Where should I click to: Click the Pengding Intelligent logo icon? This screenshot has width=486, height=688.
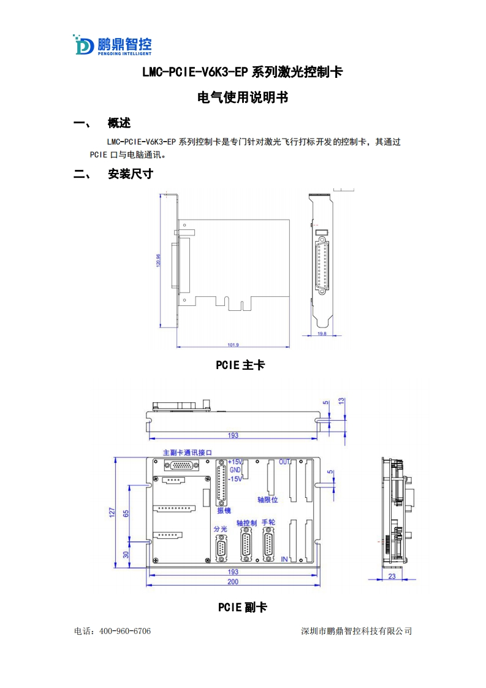83,45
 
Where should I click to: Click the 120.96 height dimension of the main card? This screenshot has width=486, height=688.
158,261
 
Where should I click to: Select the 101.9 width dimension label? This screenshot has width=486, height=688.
232,345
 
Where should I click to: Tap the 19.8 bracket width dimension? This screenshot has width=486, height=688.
322,334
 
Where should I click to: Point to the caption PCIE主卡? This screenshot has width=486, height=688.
240,365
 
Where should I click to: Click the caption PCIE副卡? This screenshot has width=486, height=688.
242,607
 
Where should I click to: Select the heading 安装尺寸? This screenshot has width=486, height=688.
130,174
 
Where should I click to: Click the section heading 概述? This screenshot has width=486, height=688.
119,123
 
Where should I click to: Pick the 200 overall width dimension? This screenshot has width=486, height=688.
233,581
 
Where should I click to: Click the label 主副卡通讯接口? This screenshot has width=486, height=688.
188,453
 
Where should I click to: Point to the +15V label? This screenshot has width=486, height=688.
235,462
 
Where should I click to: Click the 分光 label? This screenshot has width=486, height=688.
220,529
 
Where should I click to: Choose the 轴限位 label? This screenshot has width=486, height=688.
268,500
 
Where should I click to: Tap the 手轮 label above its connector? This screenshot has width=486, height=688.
268,522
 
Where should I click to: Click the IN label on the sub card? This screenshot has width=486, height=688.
284,560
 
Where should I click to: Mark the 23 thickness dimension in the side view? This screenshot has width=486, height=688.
391,576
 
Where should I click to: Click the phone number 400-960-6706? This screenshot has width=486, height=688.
124,631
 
